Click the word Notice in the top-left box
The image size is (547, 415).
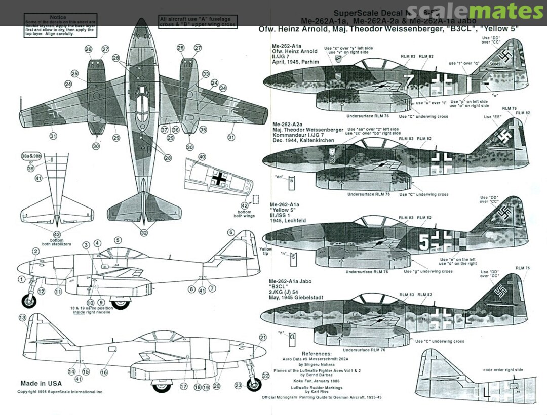[58, 17]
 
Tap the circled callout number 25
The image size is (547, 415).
[75, 74]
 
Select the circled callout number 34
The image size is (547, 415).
[223, 89]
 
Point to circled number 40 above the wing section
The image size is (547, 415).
[202, 157]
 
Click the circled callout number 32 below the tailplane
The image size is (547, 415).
[144, 233]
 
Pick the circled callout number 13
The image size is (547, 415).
[22, 318]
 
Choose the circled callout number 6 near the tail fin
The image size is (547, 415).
[231, 232]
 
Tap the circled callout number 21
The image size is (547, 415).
[262, 338]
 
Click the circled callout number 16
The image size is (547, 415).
[104, 372]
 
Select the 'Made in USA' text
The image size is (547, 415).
[41, 383]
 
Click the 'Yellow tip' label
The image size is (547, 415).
[265, 252]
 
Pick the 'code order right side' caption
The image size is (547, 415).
[503, 370]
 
